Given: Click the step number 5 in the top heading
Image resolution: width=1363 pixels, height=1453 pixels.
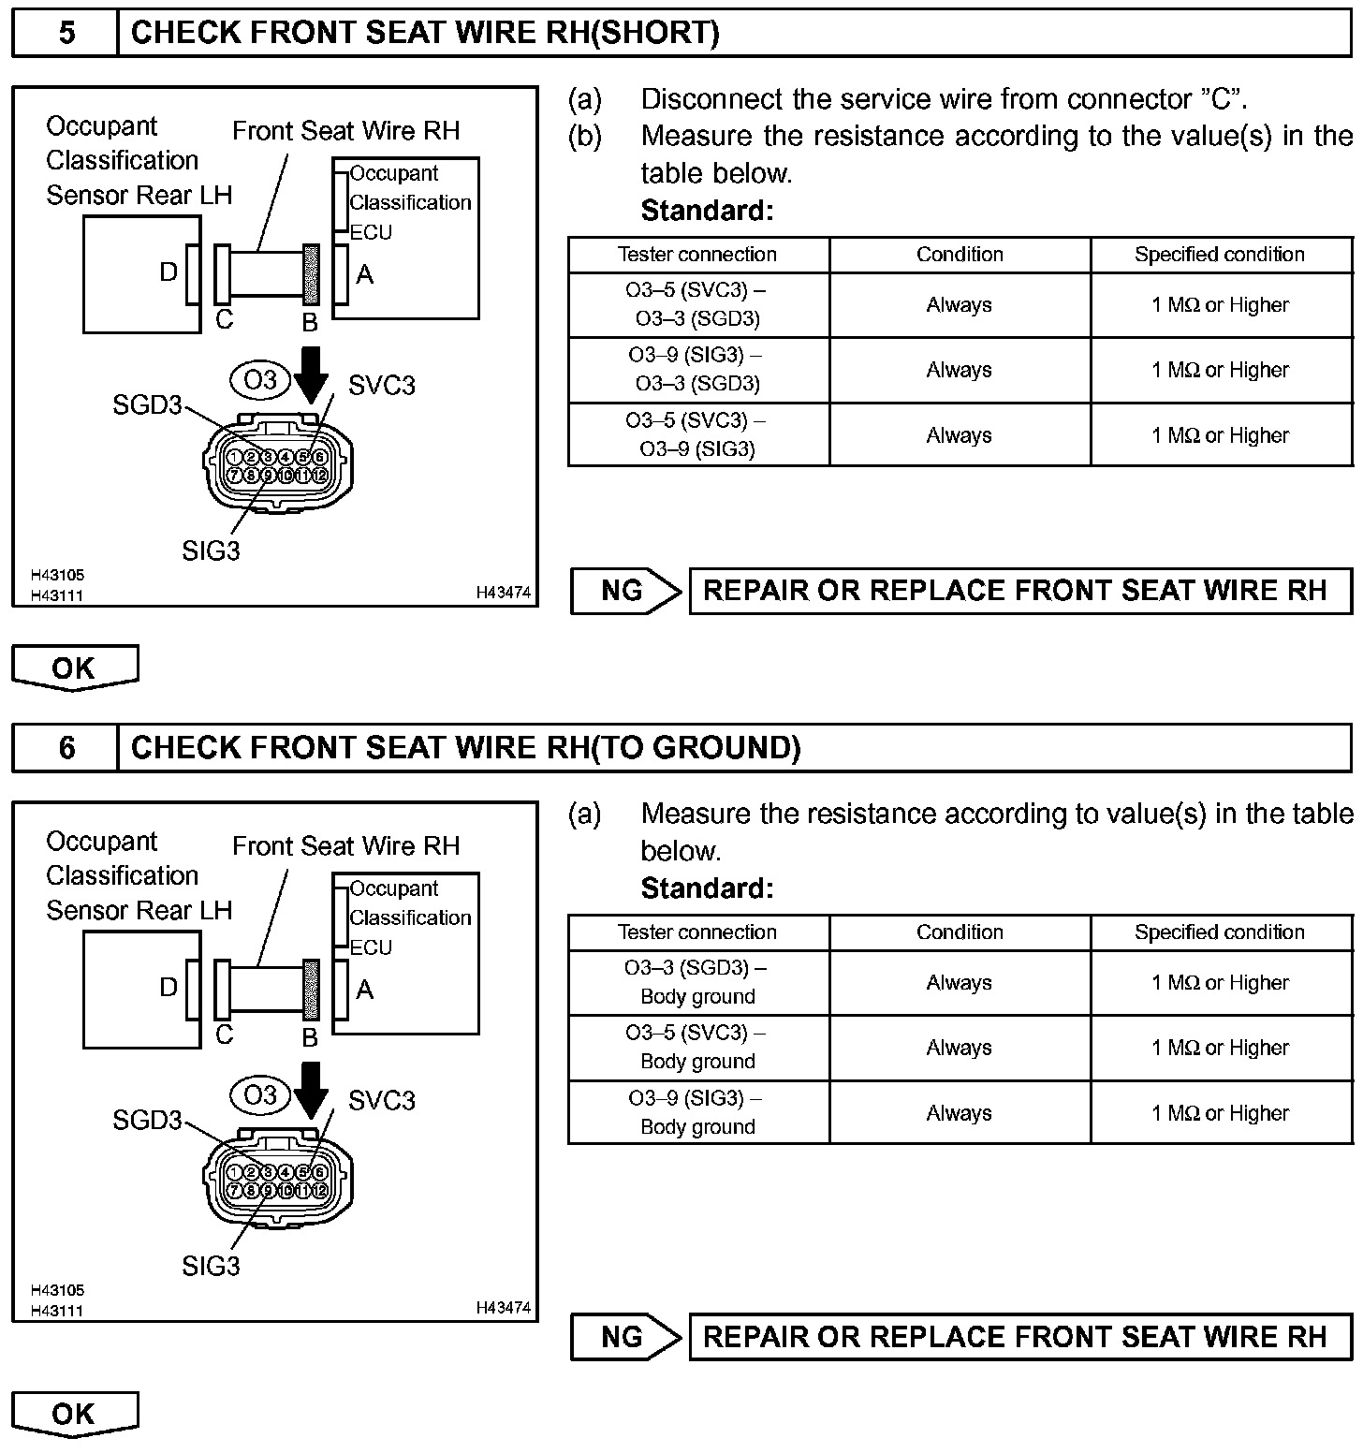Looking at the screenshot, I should click(66, 34).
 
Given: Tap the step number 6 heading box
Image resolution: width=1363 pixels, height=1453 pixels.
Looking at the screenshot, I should click(66, 748).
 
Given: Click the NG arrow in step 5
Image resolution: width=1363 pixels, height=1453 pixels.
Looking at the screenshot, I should click(625, 591).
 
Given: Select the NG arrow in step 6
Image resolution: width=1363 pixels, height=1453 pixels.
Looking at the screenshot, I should click(625, 1336).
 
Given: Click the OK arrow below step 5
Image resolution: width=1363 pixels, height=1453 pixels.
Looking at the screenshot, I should click(74, 668).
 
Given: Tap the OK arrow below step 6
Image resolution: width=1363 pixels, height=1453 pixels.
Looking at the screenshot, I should click(74, 1413).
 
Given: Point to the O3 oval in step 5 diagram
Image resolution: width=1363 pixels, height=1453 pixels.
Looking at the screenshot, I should click(260, 380).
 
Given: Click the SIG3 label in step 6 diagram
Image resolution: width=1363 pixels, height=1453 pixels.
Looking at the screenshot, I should click(211, 1266).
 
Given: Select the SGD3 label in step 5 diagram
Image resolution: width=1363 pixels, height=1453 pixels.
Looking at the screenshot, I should click(147, 405).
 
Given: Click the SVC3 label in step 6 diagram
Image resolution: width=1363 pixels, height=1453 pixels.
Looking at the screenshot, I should click(381, 1100).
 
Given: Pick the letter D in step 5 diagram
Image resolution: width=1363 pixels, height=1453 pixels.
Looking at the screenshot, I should click(169, 272).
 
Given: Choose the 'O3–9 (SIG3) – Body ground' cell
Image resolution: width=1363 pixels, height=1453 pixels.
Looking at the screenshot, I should click(698, 1112).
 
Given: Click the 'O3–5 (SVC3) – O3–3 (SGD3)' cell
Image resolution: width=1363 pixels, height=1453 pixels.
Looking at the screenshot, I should click(698, 304).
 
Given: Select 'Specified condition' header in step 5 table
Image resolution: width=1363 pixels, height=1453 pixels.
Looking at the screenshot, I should click(1219, 255).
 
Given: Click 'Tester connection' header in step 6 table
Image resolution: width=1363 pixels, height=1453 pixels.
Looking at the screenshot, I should click(697, 932).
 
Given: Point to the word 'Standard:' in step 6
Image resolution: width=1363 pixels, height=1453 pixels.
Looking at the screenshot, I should click(707, 888).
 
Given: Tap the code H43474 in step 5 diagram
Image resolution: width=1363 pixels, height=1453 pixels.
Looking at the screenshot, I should click(503, 593).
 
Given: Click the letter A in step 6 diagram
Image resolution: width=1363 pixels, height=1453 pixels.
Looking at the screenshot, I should click(365, 990).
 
